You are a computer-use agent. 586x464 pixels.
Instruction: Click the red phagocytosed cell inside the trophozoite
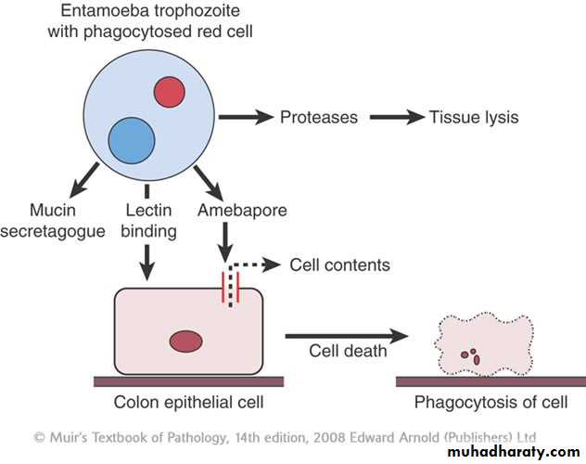[x=169, y=92]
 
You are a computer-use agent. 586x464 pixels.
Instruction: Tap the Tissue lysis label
[x=473, y=118]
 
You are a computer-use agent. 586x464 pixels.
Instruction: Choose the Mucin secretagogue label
[x=54, y=221]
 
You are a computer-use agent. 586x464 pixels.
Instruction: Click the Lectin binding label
[x=148, y=221]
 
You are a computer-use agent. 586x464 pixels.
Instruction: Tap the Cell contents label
[x=339, y=265]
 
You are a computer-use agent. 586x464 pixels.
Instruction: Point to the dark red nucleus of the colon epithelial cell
[x=187, y=340]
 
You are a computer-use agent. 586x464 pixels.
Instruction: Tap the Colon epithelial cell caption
[x=188, y=402]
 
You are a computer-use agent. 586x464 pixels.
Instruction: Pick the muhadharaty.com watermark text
[x=512, y=450]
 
